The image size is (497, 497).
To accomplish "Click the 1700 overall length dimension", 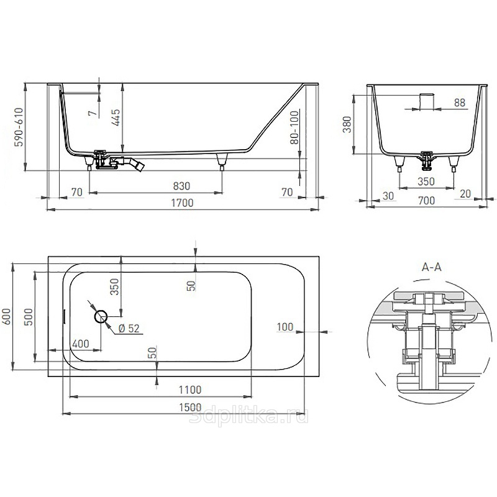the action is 182,203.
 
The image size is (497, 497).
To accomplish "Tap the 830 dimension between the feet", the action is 181,186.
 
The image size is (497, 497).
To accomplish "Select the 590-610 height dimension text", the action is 19,127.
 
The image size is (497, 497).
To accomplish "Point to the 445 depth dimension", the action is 116,117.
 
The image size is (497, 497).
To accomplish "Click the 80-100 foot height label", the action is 294,127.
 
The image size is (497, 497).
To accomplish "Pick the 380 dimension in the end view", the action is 347,124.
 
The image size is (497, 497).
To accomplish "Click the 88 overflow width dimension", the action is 460,103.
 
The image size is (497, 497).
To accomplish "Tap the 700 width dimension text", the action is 426,200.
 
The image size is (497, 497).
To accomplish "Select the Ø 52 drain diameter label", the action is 129,329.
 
